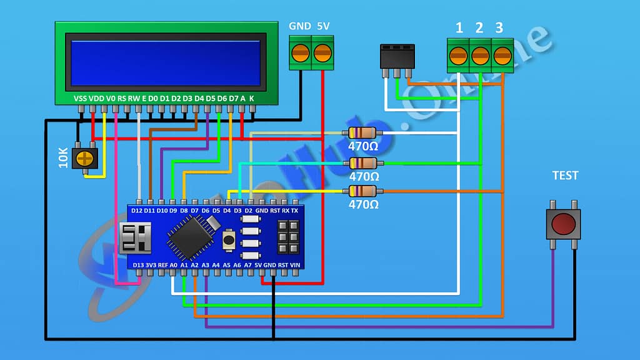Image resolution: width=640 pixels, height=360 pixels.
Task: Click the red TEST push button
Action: click(x=563, y=224)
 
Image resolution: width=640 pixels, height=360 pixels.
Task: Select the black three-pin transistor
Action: click(x=397, y=57)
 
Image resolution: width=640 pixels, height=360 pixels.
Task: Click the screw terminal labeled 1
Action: click(x=459, y=56)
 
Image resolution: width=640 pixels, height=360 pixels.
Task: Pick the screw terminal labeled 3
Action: click(x=502, y=56)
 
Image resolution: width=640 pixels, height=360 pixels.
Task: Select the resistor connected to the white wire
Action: click(x=362, y=132)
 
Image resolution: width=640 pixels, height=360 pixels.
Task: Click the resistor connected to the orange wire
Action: click(x=362, y=191)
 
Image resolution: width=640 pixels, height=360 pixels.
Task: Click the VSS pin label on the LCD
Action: click(x=81, y=99)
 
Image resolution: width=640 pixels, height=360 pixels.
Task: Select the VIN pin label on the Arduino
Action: click(x=295, y=265)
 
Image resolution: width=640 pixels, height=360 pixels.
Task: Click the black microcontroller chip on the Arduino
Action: click(x=189, y=237)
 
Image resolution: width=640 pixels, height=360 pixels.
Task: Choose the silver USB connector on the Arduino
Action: click(x=134, y=237)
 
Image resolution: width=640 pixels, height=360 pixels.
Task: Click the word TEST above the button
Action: click(x=565, y=176)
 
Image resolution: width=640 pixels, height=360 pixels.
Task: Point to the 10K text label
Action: click(x=63, y=158)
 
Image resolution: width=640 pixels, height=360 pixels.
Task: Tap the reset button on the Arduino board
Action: click(x=229, y=239)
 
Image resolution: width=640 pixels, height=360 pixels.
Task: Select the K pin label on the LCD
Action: click(x=252, y=99)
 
